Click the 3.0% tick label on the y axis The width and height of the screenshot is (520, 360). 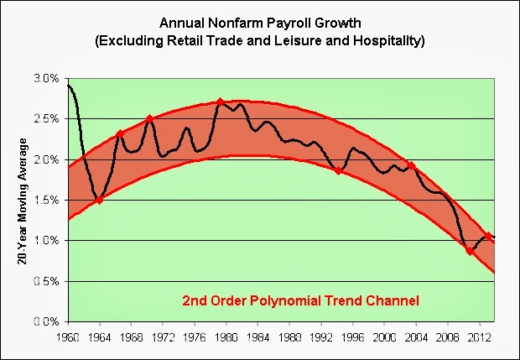pyautogui.click(x=47, y=78)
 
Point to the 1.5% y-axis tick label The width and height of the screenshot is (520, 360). pyautogui.click(x=47, y=200)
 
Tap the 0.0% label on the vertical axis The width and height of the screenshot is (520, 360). pyautogui.click(x=47, y=321)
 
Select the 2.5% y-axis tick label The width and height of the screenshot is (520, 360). pyautogui.click(x=47, y=118)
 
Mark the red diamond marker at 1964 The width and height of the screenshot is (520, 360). pyautogui.click(x=99, y=200)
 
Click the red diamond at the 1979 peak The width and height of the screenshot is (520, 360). pyautogui.click(x=220, y=102)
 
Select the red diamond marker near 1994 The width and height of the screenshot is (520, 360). pyautogui.click(x=338, y=170)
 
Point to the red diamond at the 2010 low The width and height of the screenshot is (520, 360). pyautogui.click(x=470, y=250)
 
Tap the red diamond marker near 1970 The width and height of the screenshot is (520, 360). pyautogui.click(x=149, y=119)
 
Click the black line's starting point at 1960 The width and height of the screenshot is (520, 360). pyautogui.click(x=67, y=85)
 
